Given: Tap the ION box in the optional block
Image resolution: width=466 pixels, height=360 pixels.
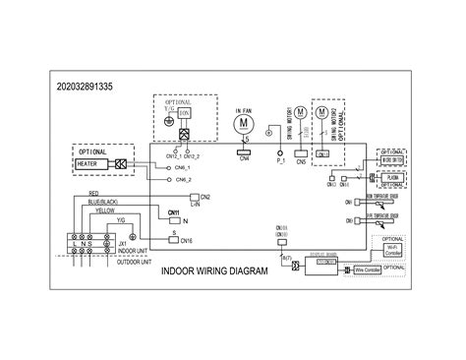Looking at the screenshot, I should [184, 113].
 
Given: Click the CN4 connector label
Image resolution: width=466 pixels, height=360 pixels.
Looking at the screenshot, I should [243, 160].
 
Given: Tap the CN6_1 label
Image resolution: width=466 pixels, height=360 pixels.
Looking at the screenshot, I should [179, 167].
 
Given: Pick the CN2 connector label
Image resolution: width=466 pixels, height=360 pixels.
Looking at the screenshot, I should [204, 197].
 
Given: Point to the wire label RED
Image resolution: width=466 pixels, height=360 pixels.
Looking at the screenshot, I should [93, 195].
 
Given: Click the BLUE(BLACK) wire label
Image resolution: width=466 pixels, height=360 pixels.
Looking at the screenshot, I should [107, 202].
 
